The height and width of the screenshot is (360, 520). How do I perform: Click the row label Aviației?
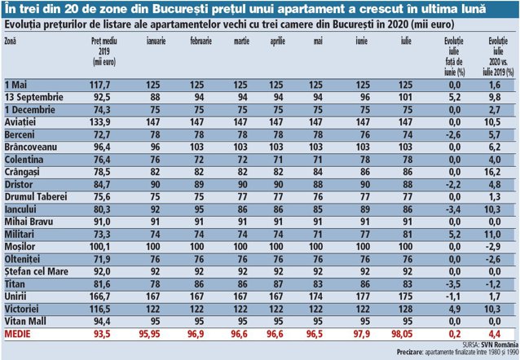[20, 122]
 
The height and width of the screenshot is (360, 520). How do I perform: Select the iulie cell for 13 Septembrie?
[405, 98]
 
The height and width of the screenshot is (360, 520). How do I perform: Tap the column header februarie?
[201, 41]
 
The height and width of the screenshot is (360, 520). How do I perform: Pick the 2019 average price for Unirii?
[99, 296]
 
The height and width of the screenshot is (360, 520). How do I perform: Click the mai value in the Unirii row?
[315, 296]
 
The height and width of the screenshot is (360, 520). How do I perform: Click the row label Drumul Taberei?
[36, 197]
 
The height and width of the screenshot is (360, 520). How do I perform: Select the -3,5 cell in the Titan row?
[453, 284]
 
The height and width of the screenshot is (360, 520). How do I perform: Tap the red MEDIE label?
[17, 334]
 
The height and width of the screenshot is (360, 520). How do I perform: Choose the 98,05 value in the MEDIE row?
[402, 334]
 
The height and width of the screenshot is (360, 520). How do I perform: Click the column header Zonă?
[10, 41]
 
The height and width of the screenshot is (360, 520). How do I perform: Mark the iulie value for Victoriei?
[405, 309]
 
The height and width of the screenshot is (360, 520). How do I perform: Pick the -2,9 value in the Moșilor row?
[493, 247]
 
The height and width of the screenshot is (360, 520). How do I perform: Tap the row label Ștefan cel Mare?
[36, 272]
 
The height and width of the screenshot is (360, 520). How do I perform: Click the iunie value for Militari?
[365, 235]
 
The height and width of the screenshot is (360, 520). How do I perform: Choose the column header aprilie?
[277, 42]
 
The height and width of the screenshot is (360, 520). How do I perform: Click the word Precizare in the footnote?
[410, 352]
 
